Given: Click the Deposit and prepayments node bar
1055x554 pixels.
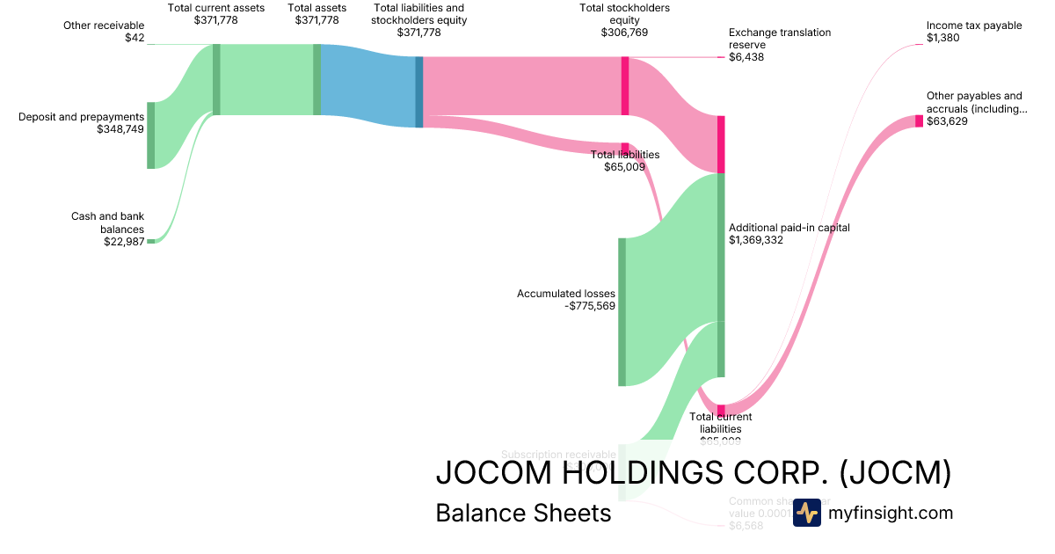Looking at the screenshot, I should (150, 135).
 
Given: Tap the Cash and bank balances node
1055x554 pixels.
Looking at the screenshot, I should (150, 241).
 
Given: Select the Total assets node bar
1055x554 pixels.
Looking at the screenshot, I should (316, 79).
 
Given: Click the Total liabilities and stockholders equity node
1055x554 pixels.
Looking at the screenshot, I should (419, 92).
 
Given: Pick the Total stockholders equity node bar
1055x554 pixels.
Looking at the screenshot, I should (625, 85).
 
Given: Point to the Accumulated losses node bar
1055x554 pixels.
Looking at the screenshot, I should (622, 311).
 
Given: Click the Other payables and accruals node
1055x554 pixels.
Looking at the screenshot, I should (920, 120).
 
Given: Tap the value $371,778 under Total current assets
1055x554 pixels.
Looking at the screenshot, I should (215, 19).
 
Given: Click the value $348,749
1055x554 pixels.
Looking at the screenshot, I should (120, 129).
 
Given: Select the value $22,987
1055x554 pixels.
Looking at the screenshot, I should (123, 242).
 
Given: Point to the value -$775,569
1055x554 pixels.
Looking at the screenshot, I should (590, 306).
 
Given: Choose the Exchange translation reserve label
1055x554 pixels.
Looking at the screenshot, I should (779, 39).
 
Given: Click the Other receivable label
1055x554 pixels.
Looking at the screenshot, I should (103, 26).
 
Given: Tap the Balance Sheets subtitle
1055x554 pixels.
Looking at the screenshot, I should (523, 513).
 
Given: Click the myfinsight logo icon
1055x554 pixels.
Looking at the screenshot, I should (806, 513).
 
